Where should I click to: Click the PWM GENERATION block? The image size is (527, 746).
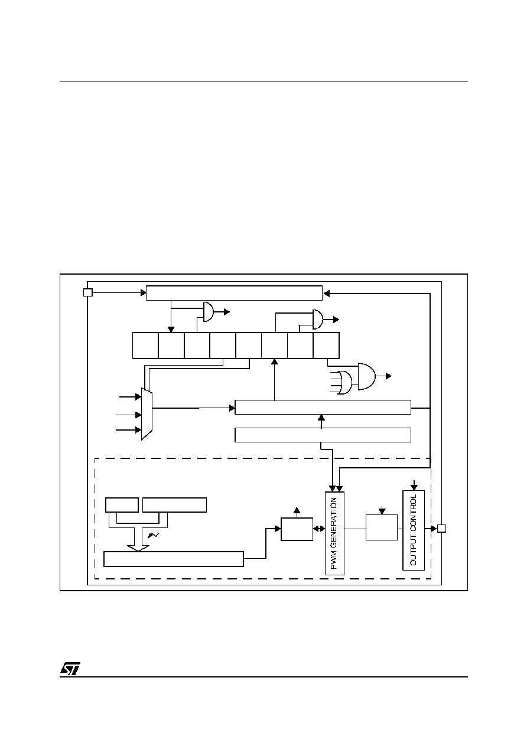point(334,533)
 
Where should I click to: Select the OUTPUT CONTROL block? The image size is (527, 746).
point(414,530)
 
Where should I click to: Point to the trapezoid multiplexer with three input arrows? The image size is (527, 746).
point(147,414)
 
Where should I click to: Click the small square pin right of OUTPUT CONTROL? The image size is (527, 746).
point(441,529)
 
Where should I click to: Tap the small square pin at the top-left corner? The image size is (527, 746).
point(87,292)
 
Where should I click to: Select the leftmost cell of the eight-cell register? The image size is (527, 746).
point(145,346)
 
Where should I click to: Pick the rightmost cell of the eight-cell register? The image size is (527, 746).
point(326,346)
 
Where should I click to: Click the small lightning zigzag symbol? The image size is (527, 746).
point(153,535)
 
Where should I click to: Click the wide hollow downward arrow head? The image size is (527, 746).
point(138,548)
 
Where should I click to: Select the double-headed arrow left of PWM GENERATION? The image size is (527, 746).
point(319,529)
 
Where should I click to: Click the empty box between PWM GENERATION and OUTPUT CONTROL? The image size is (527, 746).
point(382,527)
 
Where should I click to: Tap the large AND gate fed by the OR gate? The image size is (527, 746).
point(366,376)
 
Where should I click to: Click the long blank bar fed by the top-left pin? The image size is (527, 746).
point(234,293)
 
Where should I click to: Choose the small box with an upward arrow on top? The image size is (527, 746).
point(297,529)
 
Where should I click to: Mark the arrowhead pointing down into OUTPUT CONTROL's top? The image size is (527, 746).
point(414,487)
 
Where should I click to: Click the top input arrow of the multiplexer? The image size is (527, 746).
point(130,397)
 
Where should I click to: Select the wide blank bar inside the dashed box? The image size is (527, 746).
point(174,559)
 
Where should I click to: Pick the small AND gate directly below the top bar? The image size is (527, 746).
point(209,312)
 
